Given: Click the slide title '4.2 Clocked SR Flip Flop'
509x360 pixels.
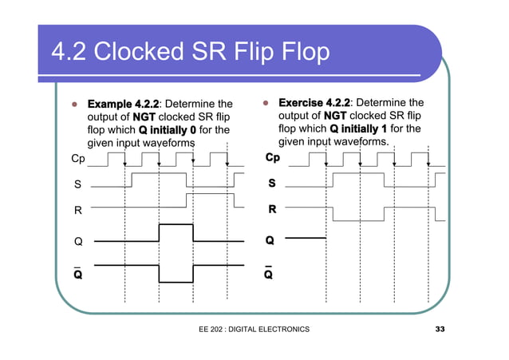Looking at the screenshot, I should click(x=190, y=53).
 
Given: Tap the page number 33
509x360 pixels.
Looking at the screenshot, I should click(x=440, y=330).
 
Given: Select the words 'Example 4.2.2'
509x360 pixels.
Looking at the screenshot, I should click(x=123, y=104).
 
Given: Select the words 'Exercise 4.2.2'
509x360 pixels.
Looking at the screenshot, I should click(x=314, y=103).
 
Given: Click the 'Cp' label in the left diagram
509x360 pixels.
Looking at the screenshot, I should click(x=78, y=159).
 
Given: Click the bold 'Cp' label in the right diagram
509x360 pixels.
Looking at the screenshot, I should click(x=273, y=158).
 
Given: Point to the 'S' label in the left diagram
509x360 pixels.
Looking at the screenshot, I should click(x=77, y=184).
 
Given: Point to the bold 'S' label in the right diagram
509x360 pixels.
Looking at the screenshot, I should click(x=271, y=184).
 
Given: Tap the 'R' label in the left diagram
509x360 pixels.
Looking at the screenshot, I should click(x=77, y=212).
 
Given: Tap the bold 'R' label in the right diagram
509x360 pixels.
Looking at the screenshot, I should click(x=271, y=211).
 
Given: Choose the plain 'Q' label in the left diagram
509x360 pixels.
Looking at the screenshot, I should click(x=77, y=240).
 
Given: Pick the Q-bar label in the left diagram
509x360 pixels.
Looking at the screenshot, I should click(x=77, y=273).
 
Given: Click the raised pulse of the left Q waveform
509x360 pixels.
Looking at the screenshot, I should click(x=176, y=226).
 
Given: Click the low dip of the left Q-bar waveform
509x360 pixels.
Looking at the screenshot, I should click(x=176, y=281).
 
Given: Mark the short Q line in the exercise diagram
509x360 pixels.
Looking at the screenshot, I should click(x=306, y=238).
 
